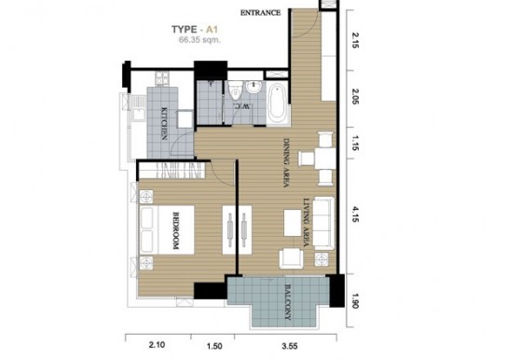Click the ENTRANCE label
[260, 13]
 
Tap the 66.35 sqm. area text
[199, 40]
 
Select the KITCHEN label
[164, 123]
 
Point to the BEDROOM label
[176, 230]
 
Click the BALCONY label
[288, 302]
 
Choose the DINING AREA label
[286, 162]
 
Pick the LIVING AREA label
[307, 223]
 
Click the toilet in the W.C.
[235, 90]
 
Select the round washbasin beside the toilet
[253, 87]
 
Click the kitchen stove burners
[162, 78]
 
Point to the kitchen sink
[139, 115]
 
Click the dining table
[325, 159]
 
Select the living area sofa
[324, 223]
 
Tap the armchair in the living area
[292, 258]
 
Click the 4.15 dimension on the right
[355, 215]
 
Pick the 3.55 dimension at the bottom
[290, 346]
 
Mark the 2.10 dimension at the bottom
[157, 345]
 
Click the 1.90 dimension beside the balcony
[355, 300]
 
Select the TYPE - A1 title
[195, 30]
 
